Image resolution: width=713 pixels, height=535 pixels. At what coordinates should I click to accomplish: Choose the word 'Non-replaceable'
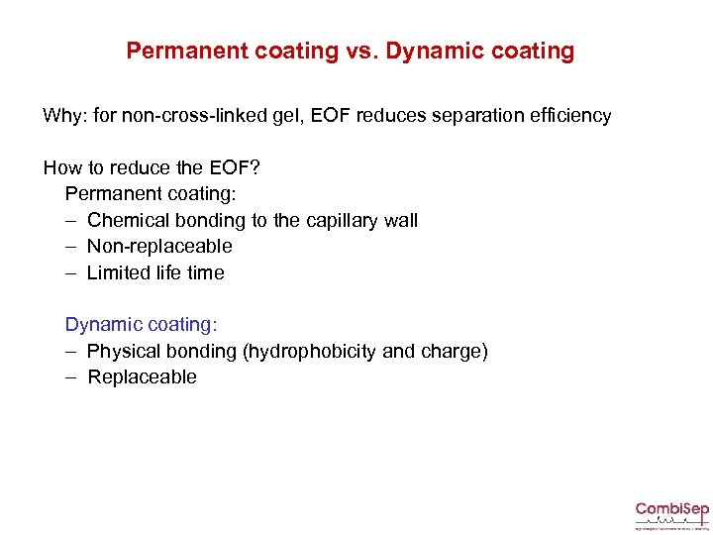tap(159, 246)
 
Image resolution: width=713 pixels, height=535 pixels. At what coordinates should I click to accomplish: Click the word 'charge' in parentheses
tap(455, 351)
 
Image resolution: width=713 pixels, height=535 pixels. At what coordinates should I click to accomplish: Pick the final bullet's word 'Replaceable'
tap(143, 376)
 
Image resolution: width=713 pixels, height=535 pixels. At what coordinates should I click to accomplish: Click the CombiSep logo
tap(671, 514)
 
